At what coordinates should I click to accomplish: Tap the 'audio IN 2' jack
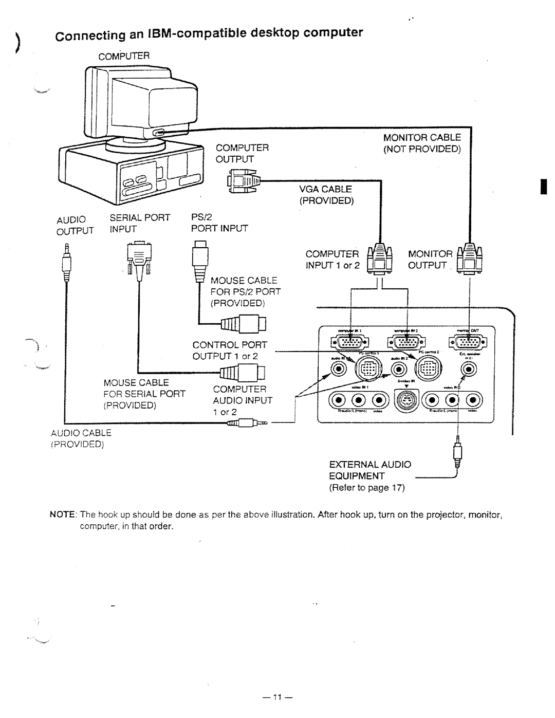click(x=398, y=369)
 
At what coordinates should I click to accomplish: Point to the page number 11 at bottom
click(x=277, y=697)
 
